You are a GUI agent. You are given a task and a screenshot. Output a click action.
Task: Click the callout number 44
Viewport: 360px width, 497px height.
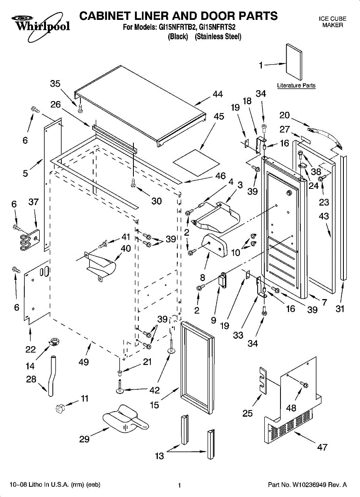coord(218,94)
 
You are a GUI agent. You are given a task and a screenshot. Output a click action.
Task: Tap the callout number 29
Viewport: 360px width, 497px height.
coord(85,439)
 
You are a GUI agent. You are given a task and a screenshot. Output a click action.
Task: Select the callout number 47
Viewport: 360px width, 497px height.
coord(322,447)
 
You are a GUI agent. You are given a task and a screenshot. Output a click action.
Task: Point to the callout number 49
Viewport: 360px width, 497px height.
coord(84,362)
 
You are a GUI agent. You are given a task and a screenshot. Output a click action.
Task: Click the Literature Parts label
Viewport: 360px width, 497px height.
coord(296,86)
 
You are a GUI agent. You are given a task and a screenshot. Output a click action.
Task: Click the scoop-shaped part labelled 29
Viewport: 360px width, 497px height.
coord(124,418)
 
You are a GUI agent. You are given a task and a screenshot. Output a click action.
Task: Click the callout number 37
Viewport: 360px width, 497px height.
coord(34,202)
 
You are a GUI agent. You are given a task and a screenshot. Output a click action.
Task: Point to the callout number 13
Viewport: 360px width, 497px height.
coord(159,456)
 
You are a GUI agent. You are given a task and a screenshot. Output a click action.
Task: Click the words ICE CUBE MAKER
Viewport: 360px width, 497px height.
coord(332,22)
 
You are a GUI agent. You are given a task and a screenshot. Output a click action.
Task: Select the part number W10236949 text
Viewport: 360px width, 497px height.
coord(319,485)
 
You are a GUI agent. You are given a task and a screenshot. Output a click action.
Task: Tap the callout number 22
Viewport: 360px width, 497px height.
coord(31,349)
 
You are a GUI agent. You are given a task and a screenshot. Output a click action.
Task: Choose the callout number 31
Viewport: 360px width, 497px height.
coord(341,309)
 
